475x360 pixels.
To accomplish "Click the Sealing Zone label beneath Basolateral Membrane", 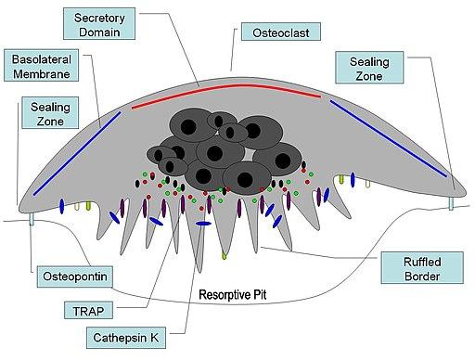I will click(x=41, y=115).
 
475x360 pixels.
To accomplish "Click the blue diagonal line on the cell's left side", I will click(x=76, y=154).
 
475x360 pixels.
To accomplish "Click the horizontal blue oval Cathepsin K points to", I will click(x=203, y=224).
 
